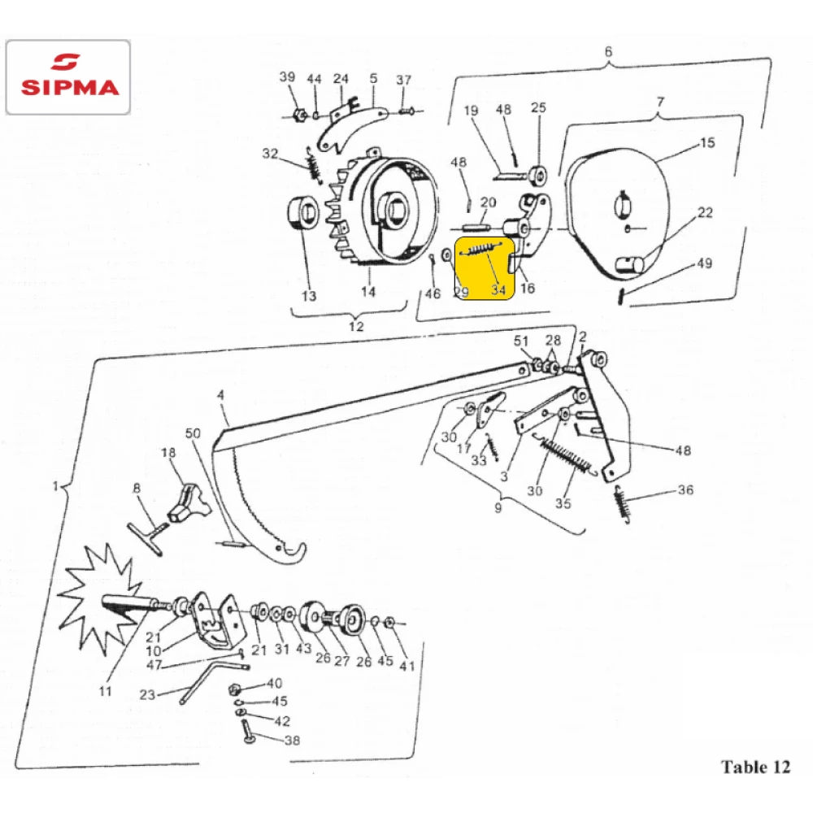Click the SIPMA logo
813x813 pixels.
pyautogui.click(x=68, y=76)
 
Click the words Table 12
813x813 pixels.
pyautogui.click(x=755, y=767)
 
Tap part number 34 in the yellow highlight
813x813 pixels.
pyautogui.click(x=498, y=289)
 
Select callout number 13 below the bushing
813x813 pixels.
pyautogui.click(x=309, y=296)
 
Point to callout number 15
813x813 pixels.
pyautogui.click(x=707, y=142)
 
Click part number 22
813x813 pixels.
pyautogui.click(x=705, y=212)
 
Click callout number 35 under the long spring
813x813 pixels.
pyautogui.click(x=563, y=503)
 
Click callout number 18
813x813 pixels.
pyautogui.click(x=168, y=453)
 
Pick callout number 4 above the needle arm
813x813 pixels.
pyautogui.click(x=221, y=396)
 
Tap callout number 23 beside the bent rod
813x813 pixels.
pyautogui.click(x=147, y=694)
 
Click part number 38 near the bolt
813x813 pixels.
pyautogui.click(x=292, y=741)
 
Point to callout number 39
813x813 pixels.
pyautogui.click(x=287, y=76)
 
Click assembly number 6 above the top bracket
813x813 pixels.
pyautogui.click(x=608, y=51)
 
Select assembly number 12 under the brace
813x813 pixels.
pyautogui.click(x=356, y=326)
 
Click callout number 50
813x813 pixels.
pyautogui.click(x=193, y=433)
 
